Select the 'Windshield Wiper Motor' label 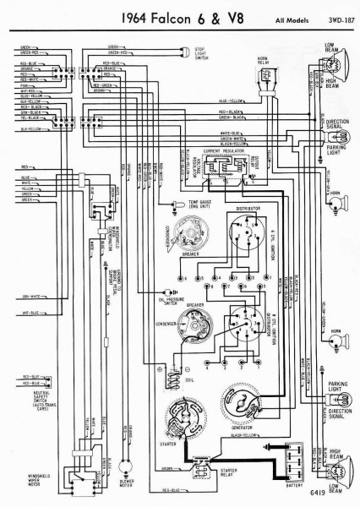point(32,465)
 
